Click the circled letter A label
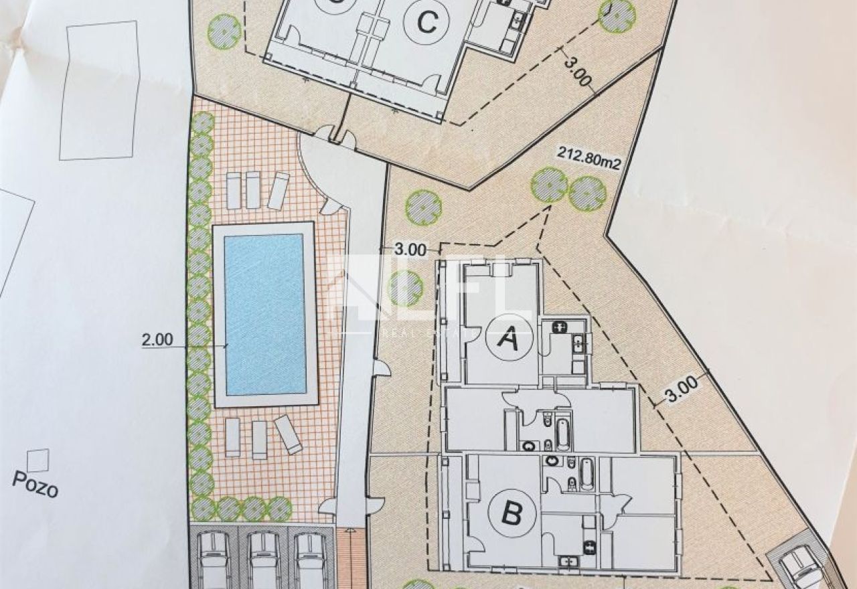(x=508, y=336)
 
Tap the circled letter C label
(x=427, y=22)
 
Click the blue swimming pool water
(x=264, y=314)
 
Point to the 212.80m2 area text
(x=589, y=163)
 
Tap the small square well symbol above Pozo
(x=38, y=460)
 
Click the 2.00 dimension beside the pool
(x=157, y=339)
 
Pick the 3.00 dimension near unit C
(x=578, y=72)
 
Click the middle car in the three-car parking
(x=263, y=562)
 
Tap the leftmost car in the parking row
(x=214, y=562)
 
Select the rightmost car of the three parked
(x=311, y=562)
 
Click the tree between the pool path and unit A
(x=405, y=288)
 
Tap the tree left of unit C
(x=224, y=31)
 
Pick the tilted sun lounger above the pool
(x=279, y=191)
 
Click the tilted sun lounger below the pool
(x=288, y=434)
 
